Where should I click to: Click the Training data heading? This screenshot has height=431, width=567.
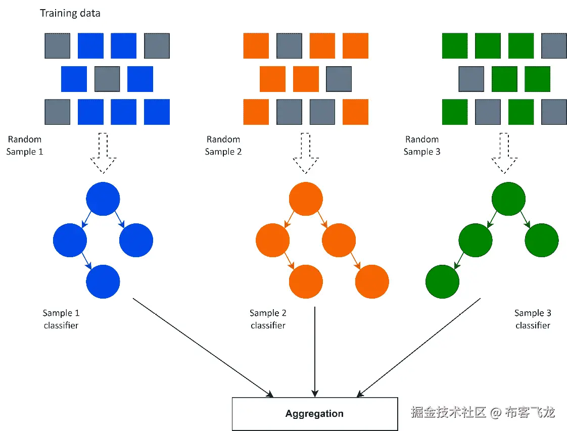[70, 13]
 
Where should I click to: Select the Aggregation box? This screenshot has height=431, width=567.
[314, 413]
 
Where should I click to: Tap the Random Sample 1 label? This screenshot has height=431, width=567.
[25, 145]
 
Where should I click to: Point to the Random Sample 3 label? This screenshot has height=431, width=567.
[422, 145]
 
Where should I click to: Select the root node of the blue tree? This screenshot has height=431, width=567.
[103, 199]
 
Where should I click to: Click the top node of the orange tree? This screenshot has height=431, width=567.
[306, 199]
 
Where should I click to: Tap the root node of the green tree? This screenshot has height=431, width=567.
[508, 199]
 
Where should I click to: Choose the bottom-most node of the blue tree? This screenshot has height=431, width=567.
[103, 281]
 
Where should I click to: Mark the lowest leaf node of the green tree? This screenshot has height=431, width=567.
[442, 281]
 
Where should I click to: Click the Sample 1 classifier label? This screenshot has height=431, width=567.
[61, 319]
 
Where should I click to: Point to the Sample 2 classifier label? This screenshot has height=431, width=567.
[268, 319]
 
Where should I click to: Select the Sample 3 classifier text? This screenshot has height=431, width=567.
[533, 319]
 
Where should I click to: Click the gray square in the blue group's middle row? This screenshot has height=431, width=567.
[107, 79]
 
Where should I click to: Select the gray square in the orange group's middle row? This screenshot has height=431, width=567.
[339, 79]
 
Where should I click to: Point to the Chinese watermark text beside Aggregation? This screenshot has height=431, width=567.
[483, 412]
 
